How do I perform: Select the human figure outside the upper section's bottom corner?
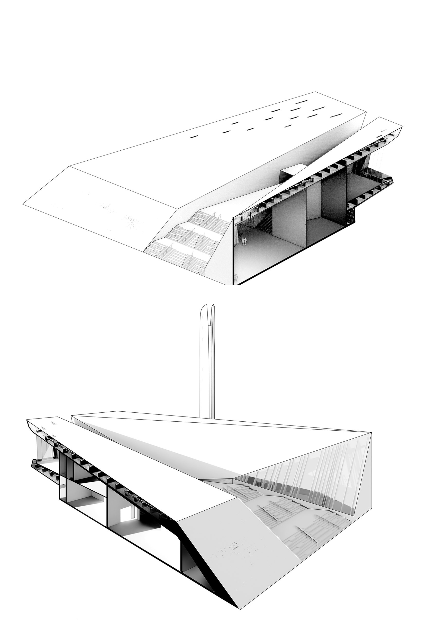click(x=236, y=278)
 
